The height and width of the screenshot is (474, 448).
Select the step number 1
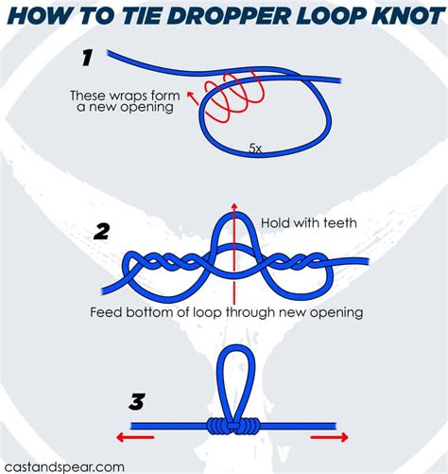(x=87, y=59)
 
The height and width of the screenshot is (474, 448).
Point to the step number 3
(x=137, y=402)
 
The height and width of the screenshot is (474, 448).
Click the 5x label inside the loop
(x=255, y=149)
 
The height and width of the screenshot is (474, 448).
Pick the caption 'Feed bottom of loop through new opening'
(x=226, y=311)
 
